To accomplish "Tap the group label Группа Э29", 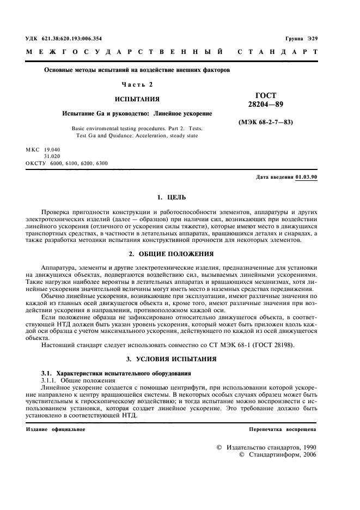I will tap(301, 39).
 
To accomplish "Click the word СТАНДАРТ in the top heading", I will tap(278, 52).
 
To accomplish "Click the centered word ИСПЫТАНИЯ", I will tap(137, 100).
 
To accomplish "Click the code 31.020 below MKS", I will tap(52, 156).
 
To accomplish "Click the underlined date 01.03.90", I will tap(306, 178).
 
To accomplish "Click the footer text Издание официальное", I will tap(55, 429).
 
